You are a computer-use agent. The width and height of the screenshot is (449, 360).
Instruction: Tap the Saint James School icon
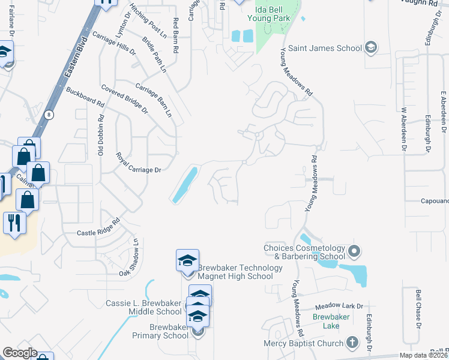tap(371, 47)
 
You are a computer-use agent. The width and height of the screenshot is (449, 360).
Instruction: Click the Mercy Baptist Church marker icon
tap(352, 343)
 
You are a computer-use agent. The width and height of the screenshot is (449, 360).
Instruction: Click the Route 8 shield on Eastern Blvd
tap(49, 113)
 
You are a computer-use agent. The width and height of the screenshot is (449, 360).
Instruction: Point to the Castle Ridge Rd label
tap(98, 226)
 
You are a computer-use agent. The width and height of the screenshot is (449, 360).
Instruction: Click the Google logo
tap(20, 353)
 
